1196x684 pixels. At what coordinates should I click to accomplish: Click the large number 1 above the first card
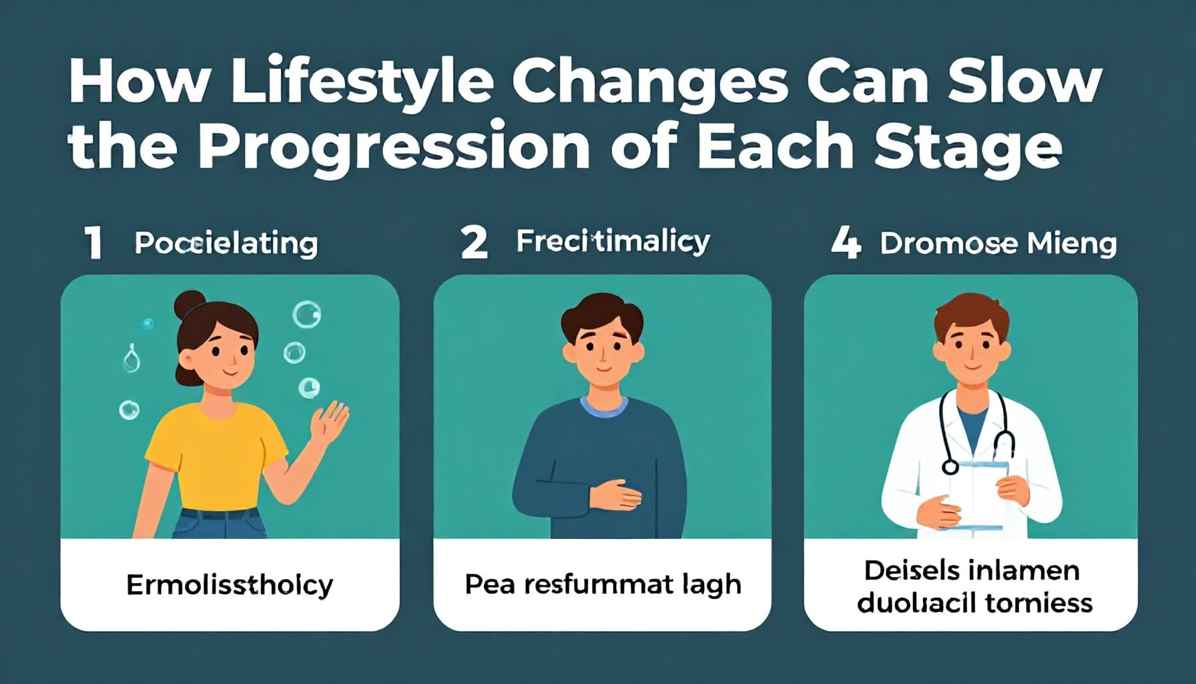click(93, 243)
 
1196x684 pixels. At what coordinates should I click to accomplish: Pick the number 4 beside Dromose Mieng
click(846, 243)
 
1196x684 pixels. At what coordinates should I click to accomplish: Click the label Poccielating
click(226, 243)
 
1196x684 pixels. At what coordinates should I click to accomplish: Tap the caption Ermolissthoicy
click(230, 585)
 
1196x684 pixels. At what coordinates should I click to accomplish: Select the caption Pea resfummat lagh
click(603, 584)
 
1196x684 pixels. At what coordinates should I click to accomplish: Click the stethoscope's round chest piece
click(950, 466)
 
